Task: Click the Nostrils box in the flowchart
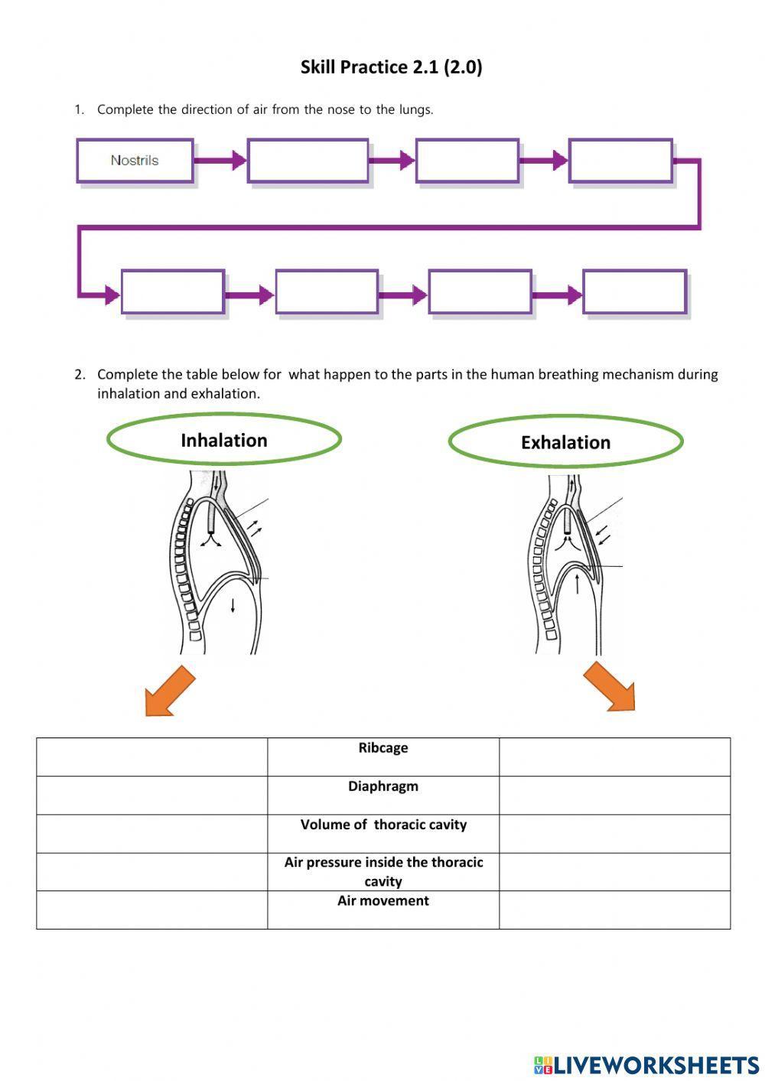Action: point(135,161)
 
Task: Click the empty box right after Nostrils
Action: point(308,161)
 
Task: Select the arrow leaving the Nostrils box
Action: point(220,161)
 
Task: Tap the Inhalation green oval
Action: point(223,440)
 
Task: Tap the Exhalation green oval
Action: point(565,442)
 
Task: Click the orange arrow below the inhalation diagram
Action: point(171,691)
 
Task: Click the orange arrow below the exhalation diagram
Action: point(610,687)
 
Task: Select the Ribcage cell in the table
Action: point(383,757)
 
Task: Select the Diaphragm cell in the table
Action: point(383,795)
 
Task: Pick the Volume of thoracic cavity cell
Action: point(383,833)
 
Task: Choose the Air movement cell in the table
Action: point(383,910)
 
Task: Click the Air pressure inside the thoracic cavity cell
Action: point(383,871)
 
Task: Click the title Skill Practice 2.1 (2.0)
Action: point(391,67)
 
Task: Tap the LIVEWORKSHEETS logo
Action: point(646,1065)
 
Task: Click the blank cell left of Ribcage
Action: point(151,757)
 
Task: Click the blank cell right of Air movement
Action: point(614,910)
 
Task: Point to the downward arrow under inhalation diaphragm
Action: point(233,605)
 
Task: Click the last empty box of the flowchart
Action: point(634,291)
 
